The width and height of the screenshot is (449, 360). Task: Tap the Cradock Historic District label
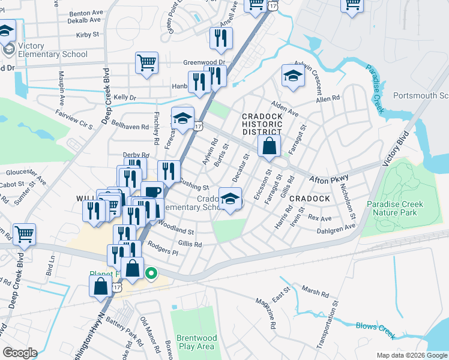tap(262, 124)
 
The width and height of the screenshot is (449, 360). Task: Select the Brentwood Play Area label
tap(196, 342)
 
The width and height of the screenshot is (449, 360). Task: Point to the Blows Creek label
tap(375, 327)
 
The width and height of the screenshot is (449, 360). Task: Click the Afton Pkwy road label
tap(328, 179)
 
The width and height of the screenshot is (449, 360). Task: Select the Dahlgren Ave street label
tap(336, 228)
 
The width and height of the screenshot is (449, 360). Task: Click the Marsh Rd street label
tap(316, 294)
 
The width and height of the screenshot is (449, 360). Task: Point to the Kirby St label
tap(88, 35)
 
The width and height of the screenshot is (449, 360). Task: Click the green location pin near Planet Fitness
tap(151, 274)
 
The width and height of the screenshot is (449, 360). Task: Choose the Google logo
tap(19, 353)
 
